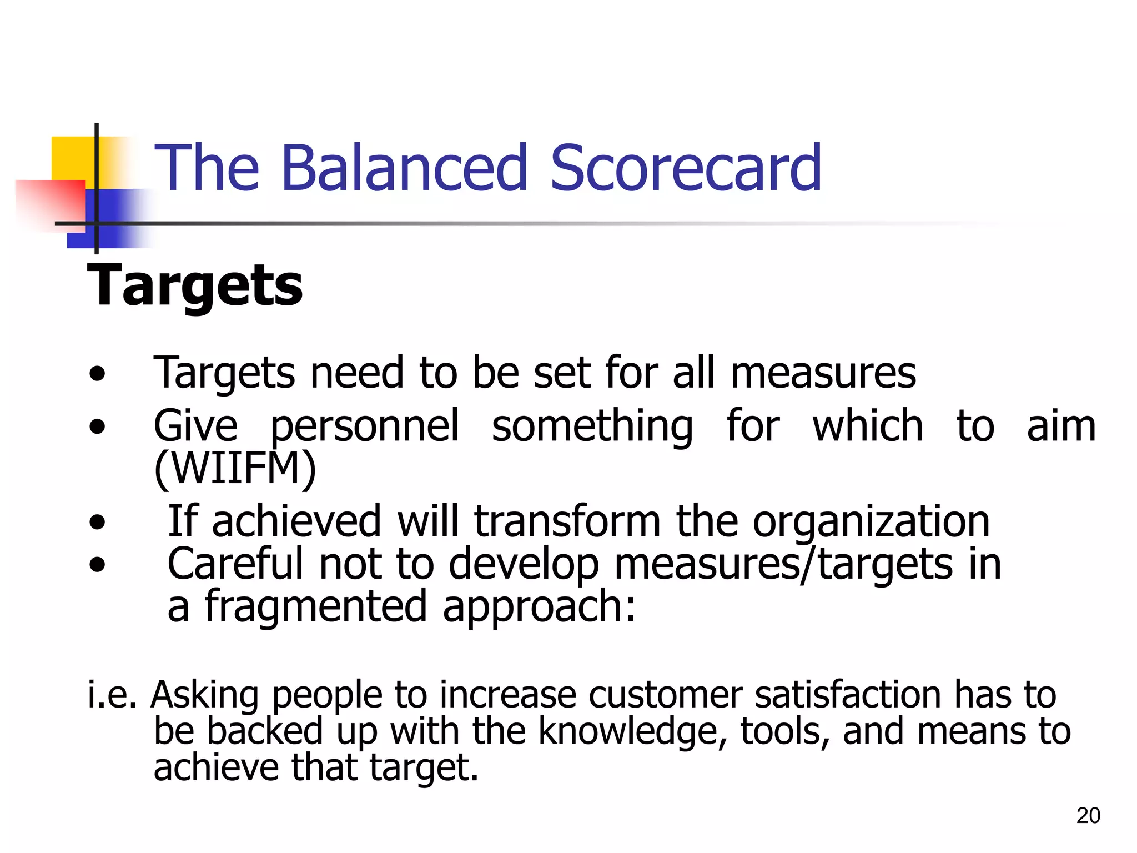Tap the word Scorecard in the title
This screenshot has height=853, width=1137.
686,168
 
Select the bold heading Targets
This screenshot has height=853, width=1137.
195,285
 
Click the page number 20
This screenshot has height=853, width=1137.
1088,815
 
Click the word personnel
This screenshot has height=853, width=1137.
365,426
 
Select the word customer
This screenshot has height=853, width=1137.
665,695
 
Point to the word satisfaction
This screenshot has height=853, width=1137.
847,695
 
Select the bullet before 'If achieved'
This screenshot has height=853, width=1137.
97,523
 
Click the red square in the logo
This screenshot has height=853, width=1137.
50,203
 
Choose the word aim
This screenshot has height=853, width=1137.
1061,426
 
